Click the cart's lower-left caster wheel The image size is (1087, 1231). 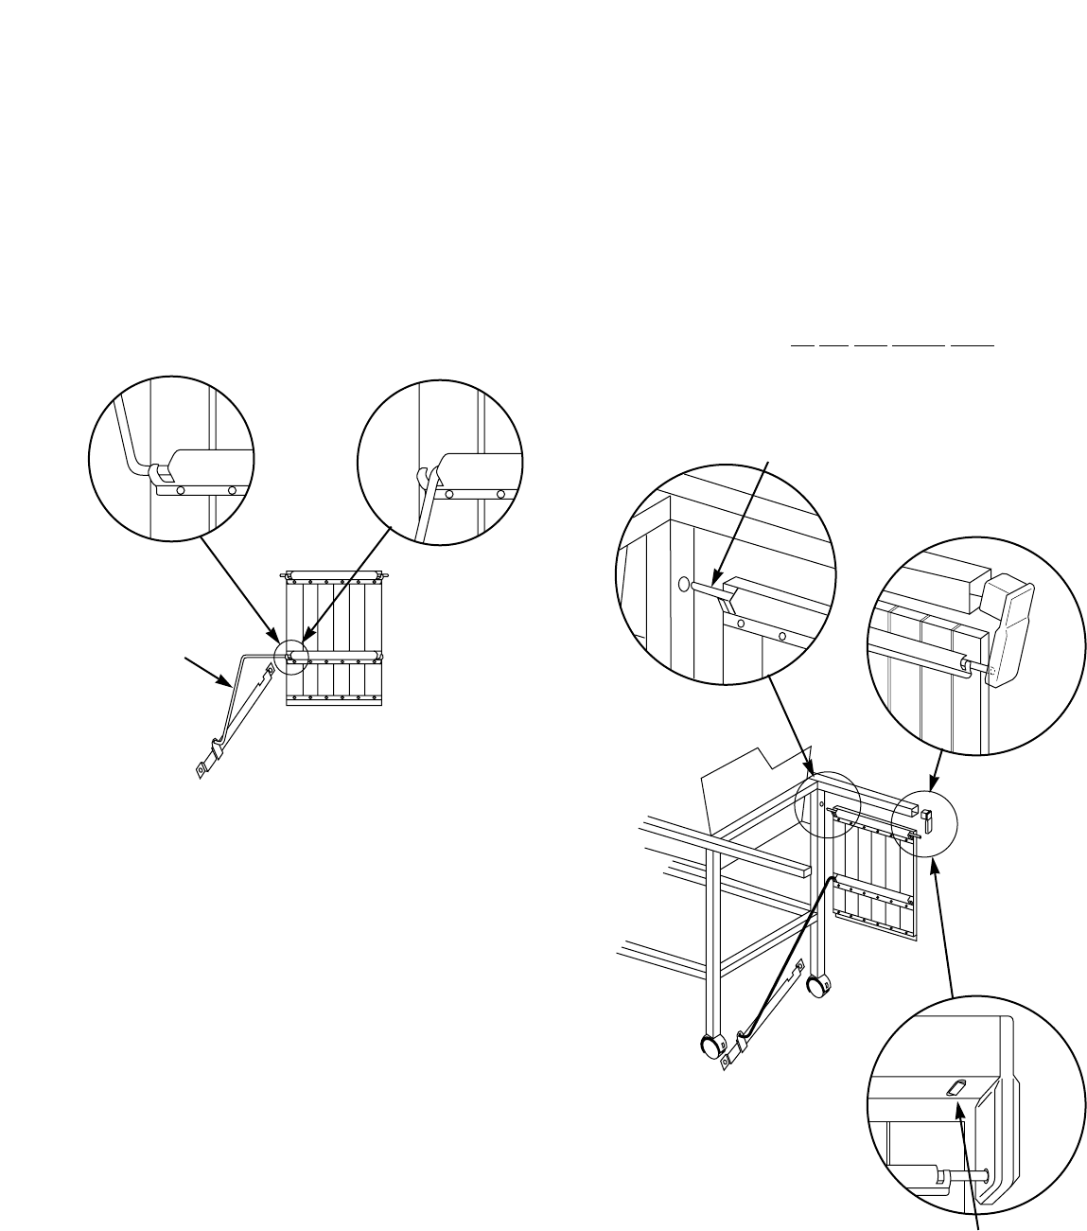click(710, 1046)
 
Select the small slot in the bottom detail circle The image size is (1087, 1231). click(956, 1089)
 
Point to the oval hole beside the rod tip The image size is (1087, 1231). click(684, 584)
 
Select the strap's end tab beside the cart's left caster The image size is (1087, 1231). click(728, 1061)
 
